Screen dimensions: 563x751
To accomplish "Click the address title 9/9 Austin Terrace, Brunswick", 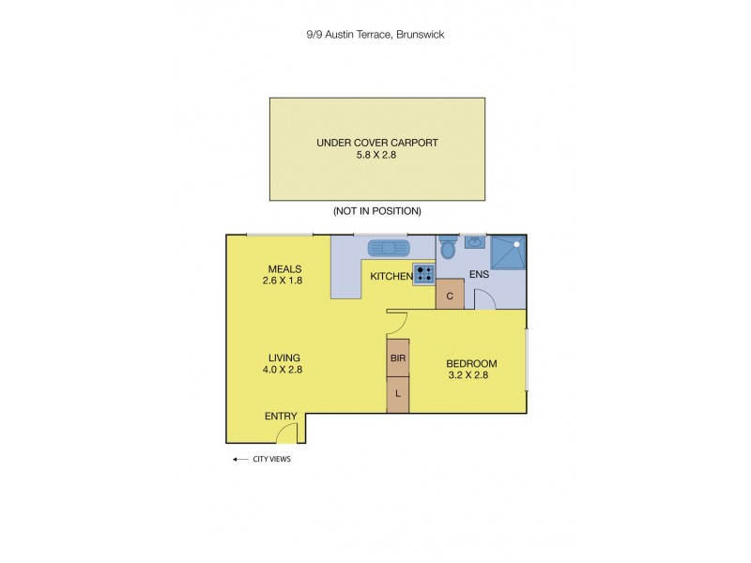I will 375,35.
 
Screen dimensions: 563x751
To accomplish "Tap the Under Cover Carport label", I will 377,144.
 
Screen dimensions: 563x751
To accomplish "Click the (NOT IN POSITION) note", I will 377,211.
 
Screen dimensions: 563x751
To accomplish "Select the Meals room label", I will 284,268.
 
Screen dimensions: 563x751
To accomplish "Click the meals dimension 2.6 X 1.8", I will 284,280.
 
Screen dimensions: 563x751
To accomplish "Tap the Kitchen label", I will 390,276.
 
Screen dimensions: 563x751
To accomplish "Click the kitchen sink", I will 387,248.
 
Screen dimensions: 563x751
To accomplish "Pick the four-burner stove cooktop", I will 423,275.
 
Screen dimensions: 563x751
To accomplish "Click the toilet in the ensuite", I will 449,249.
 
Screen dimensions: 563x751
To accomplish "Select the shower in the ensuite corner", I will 508,252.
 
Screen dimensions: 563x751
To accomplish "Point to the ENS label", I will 480,276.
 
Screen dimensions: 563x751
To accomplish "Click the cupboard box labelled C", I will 451,295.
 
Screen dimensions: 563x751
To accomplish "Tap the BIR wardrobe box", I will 398,358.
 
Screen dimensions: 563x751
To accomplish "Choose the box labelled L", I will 398,394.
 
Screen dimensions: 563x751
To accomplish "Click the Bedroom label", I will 470,364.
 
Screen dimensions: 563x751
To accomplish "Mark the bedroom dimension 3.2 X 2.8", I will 470,375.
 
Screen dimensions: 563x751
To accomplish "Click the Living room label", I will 284,358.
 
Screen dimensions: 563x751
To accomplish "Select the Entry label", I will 281,416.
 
